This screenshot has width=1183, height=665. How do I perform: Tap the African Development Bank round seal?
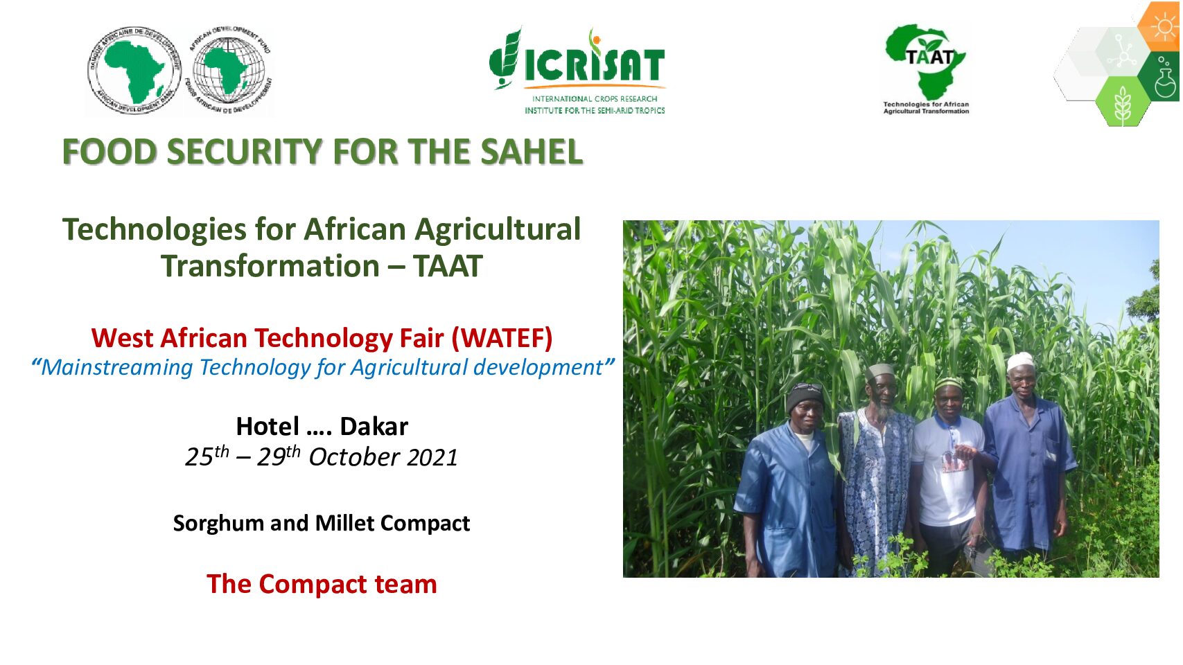(x=134, y=71)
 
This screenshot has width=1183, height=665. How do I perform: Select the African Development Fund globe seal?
(x=229, y=70)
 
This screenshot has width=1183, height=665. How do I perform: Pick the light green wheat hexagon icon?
(x=1122, y=101)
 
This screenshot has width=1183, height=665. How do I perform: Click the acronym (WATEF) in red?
(x=502, y=338)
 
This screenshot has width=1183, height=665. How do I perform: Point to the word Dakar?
(x=374, y=427)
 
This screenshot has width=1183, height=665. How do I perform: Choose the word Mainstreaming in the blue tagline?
(x=116, y=368)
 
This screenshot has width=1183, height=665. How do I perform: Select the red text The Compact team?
(x=322, y=584)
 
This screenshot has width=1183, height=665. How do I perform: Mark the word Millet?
(x=346, y=523)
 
